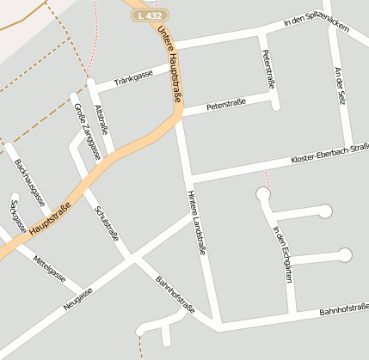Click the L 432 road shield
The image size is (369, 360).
coord(151,15)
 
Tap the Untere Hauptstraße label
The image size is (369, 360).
coord(169,64)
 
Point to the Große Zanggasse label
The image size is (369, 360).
coord(87,131)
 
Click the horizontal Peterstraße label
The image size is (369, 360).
coord(225,105)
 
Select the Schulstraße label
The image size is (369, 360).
coord(107,223)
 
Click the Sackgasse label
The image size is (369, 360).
coord(13,217)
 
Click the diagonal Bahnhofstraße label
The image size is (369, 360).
coord(175,296)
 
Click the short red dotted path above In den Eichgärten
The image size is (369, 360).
coord(267,179)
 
